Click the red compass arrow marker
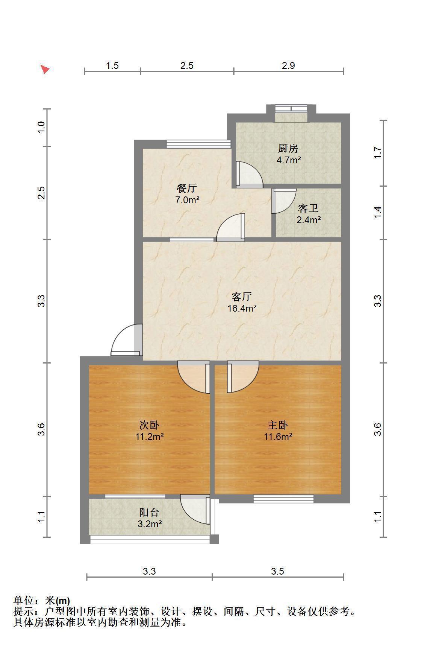point(45,69)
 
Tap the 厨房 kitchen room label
point(288,148)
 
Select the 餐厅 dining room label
point(187,188)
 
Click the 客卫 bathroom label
point(308,208)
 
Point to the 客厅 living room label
point(241,297)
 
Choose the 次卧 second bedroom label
point(149,425)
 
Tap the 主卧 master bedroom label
point(278,425)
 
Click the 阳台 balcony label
point(149,512)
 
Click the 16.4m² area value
point(242,309)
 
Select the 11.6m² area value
point(278,437)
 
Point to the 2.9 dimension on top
point(288,65)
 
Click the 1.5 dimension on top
point(112,65)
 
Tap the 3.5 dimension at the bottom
point(277,571)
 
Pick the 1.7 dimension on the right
point(378,152)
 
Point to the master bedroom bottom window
point(283,499)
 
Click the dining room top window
point(198,144)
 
